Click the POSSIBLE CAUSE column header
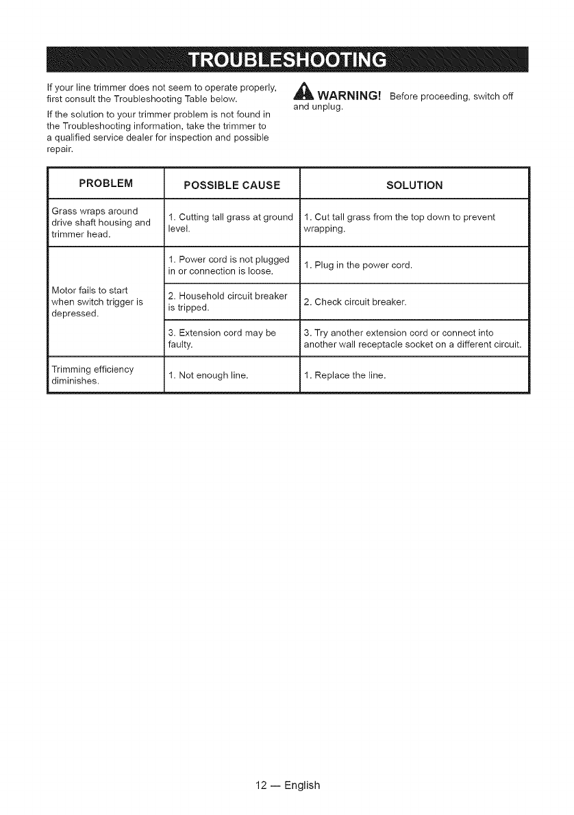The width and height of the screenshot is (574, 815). pos(233,185)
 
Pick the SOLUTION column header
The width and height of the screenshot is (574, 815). pos(414,185)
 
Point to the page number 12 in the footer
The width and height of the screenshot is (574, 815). pos(258,785)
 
